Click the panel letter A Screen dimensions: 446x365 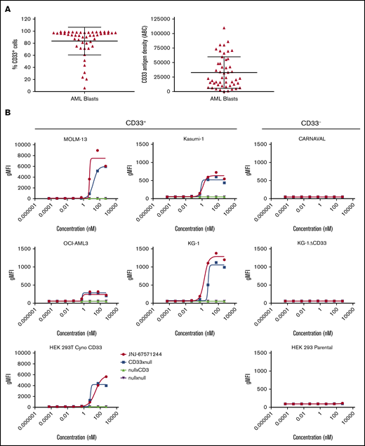pyautogui.click(x=6, y=6)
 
